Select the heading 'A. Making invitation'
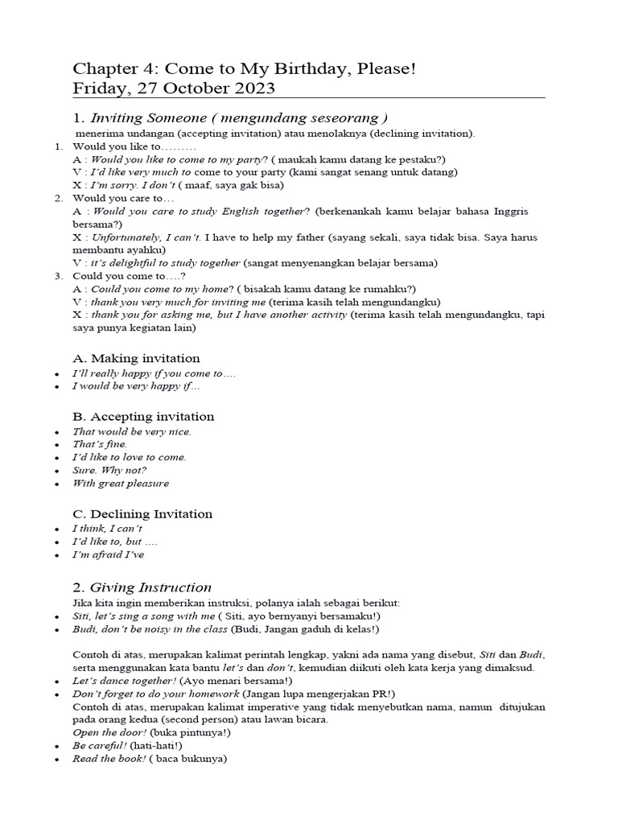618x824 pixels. (x=136, y=358)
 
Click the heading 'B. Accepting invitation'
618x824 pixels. (x=143, y=416)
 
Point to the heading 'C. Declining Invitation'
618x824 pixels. (x=142, y=513)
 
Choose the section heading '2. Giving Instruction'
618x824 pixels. (x=142, y=587)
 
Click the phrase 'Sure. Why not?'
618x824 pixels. (x=109, y=470)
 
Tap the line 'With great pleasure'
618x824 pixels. (x=121, y=484)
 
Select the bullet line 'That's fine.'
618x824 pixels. (x=100, y=443)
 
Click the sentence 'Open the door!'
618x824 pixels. (x=109, y=732)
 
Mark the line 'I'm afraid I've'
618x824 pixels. (x=109, y=554)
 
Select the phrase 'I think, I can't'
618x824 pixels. (x=108, y=529)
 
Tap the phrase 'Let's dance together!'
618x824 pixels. (x=123, y=680)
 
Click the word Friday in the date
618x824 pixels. (x=100, y=88)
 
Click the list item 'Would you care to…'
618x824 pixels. (x=123, y=198)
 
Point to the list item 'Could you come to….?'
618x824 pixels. (x=129, y=276)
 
